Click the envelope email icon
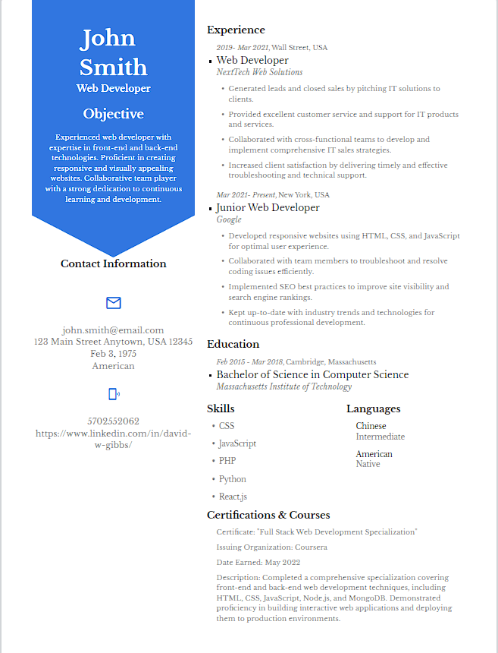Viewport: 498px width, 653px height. point(114,303)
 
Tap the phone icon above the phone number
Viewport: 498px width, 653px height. point(114,393)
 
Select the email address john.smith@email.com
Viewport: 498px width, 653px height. point(113,330)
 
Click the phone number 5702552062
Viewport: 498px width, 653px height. point(113,421)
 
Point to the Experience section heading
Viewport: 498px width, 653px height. point(236,30)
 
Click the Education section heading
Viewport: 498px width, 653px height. point(233,344)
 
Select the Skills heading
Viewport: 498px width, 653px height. point(221,409)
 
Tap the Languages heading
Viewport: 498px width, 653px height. point(373,409)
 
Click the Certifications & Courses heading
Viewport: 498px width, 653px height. point(268,515)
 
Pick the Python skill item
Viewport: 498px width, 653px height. point(233,479)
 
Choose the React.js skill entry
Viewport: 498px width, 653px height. point(233,497)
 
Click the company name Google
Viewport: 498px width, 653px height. point(229,219)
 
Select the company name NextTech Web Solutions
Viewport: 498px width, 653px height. point(259,72)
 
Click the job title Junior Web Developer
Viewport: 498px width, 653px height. point(268,207)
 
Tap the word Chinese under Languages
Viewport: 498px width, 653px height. point(371,426)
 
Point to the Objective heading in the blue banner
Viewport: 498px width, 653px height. point(113,114)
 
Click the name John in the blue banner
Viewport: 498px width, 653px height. point(108,38)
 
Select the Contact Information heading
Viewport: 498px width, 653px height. point(113,263)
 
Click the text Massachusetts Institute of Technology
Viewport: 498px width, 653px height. point(284,386)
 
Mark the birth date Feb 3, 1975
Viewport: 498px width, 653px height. point(113,354)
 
